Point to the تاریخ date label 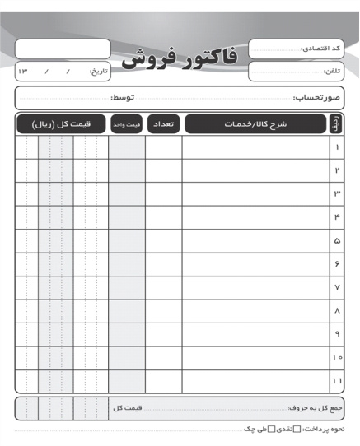point(98,72)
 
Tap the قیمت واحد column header point(126,124)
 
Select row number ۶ point(336,264)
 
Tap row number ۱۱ point(336,382)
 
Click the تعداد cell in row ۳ point(163,193)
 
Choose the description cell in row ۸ point(255,311)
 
